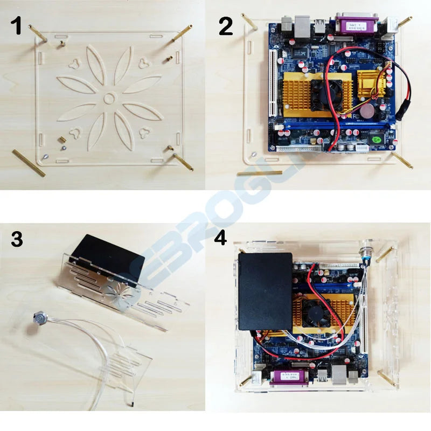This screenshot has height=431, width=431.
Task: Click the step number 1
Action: pos(18,25)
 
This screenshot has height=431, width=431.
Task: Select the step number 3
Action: pos(17,239)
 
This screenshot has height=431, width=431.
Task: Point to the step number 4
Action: pos(220,238)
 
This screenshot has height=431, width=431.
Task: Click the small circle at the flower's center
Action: pos(110,98)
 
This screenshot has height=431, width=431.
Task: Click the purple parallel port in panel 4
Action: pos(290,378)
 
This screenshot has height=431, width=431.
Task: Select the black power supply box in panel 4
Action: pos(265,291)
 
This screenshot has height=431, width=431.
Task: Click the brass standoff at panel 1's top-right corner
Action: pos(182,33)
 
